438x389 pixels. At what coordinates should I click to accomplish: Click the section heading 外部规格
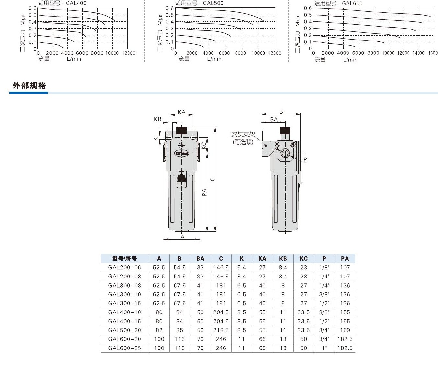tap(29, 86)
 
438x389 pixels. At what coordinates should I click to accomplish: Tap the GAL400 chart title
tap(62, 3)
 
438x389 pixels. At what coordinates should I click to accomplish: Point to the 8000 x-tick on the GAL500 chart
tap(240, 53)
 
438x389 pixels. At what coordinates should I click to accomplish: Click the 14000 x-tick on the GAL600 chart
tap(418, 53)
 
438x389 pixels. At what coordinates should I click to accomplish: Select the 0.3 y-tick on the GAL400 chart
tap(32, 29)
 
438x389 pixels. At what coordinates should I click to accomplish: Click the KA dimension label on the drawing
tap(182, 112)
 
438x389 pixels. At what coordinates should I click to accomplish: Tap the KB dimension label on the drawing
tap(158, 119)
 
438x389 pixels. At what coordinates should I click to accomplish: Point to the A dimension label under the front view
tap(182, 237)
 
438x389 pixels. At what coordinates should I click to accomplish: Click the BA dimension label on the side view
tap(274, 119)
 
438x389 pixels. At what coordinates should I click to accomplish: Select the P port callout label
tap(305, 159)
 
